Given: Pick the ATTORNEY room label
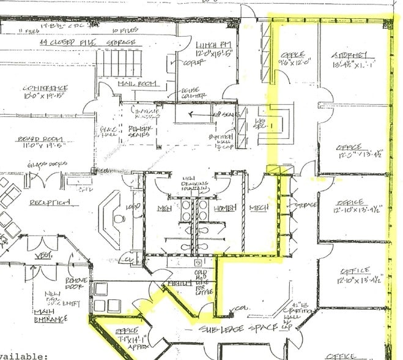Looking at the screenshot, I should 350,56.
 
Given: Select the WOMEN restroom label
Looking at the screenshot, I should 224,209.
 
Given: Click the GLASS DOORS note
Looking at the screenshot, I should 40,165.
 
